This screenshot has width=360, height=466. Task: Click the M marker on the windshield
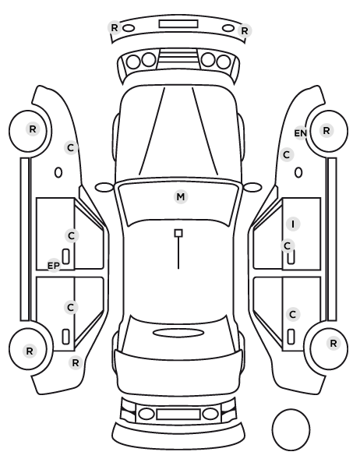click(x=181, y=196)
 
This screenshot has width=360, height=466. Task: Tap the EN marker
click(x=300, y=133)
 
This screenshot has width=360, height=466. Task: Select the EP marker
click(x=54, y=266)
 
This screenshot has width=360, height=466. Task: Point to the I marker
click(x=293, y=224)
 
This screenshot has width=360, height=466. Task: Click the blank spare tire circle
click(x=291, y=429)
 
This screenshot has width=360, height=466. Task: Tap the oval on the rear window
click(x=178, y=333)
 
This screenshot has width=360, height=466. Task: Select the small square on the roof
click(x=178, y=233)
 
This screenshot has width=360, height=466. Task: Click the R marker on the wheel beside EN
click(x=326, y=130)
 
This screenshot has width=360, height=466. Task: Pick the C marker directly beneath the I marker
click(x=288, y=245)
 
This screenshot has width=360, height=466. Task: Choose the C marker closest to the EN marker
click(x=287, y=154)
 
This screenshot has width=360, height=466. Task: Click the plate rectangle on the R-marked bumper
click(x=178, y=24)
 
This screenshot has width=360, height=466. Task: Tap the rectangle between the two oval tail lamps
click(x=178, y=415)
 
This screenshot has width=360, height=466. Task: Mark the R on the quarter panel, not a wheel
click(x=76, y=362)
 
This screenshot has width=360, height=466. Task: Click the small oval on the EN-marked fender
click(x=298, y=173)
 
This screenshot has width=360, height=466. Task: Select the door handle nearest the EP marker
click(x=66, y=256)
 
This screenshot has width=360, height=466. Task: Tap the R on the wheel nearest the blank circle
click(x=334, y=344)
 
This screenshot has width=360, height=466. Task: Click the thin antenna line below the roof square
click(x=178, y=253)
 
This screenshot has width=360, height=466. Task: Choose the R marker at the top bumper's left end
click(x=115, y=28)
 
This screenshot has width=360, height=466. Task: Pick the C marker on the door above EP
click(x=72, y=235)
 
